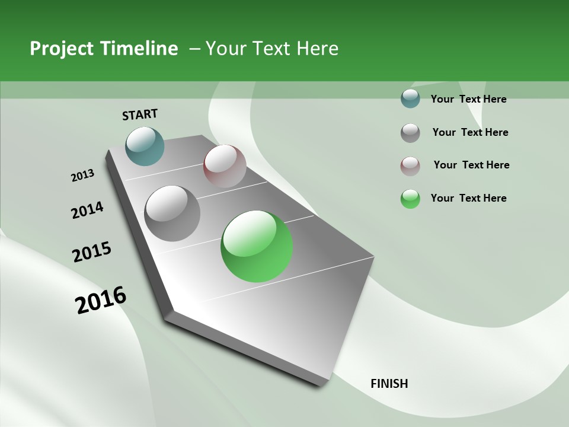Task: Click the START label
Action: pos(140,114)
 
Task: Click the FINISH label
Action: pos(389,384)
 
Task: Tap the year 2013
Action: pos(82,176)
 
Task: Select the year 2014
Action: pos(87,210)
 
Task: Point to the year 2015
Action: pos(92,252)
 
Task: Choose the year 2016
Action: pos(101,299)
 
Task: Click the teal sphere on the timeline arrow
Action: pos(145,146)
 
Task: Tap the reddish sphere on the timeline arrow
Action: pos(225,166)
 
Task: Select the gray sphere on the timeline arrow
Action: pos(172,213)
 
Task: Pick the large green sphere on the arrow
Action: pos(257,246)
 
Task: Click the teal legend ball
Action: pos(410,99)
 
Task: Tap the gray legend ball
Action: pos(410,133)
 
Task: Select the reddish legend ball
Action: pos(410,165)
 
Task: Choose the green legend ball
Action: pos(410,199)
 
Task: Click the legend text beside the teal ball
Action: pos(468,99)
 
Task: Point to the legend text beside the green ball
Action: pos(468,198)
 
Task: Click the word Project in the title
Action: pos(62,49)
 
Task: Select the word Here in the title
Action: pos(317,49)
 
